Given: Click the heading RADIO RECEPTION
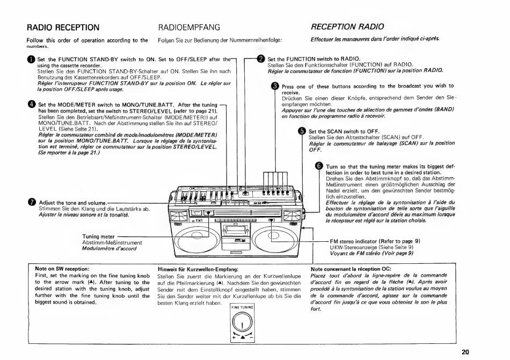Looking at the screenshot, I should pos(63,27).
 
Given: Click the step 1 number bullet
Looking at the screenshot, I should pos(32,60).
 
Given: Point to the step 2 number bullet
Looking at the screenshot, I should pos(261,59).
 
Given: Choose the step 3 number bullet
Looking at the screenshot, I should pos(275,86).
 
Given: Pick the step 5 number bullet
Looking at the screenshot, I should pos(302,131).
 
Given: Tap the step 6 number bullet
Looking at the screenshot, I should pos(320,166).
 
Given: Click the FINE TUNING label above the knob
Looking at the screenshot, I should pos(242,307).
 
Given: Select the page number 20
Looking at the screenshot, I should pos(465,352).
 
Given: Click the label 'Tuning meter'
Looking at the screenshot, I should pos(98,236).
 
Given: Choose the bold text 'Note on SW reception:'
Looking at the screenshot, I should pos(62,269).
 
